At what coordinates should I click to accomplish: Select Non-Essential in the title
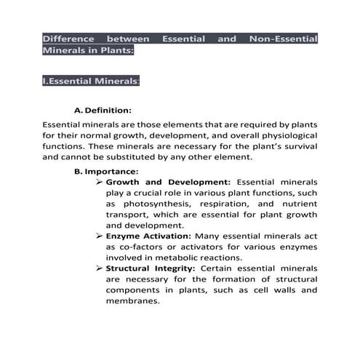pyautogui.click(x=283, y=39)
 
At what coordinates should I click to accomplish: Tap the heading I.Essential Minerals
pyautogui.click(x=91, y=81)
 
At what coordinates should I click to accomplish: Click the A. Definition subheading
pyautogui.click(x=103, y=111)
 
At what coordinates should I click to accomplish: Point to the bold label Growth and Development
pyautogui.click(x=168, y=182)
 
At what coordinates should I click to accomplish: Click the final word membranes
pyautogui.click(x=132, y=301)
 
